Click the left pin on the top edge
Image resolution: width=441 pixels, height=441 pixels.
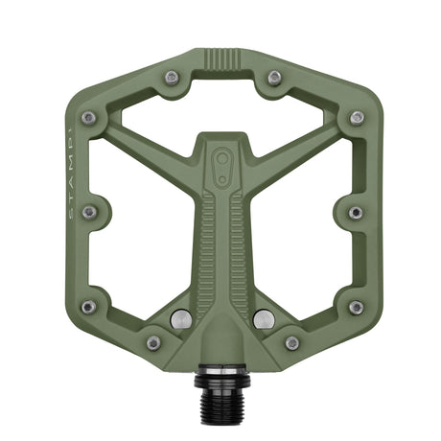pos(172,78)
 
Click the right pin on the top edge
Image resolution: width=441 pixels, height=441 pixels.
pos(274,78)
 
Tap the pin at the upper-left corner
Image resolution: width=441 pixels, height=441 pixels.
pos(89,118)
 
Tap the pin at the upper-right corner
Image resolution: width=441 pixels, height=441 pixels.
pos(357,118)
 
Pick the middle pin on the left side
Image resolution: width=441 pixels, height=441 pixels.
pos(89,212)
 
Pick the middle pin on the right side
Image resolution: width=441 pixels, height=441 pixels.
pos(356,212)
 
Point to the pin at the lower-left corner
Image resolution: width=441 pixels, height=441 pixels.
pos(89,307)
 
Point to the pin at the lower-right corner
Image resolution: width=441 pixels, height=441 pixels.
pos(356,307)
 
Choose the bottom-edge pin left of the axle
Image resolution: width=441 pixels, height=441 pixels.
pos(153,342)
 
